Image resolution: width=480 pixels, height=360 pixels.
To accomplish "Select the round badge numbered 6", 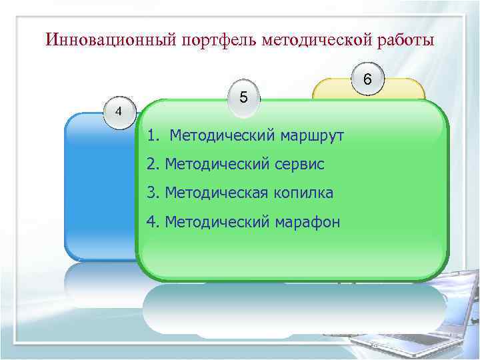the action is point(367,79).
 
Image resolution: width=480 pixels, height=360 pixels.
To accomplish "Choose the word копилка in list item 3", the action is point(302,193).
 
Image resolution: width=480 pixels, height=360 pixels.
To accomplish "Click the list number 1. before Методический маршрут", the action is point(154,136).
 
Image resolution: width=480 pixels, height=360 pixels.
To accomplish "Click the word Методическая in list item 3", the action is point(213,193).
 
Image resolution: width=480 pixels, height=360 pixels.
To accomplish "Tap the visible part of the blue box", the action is point(100,187).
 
